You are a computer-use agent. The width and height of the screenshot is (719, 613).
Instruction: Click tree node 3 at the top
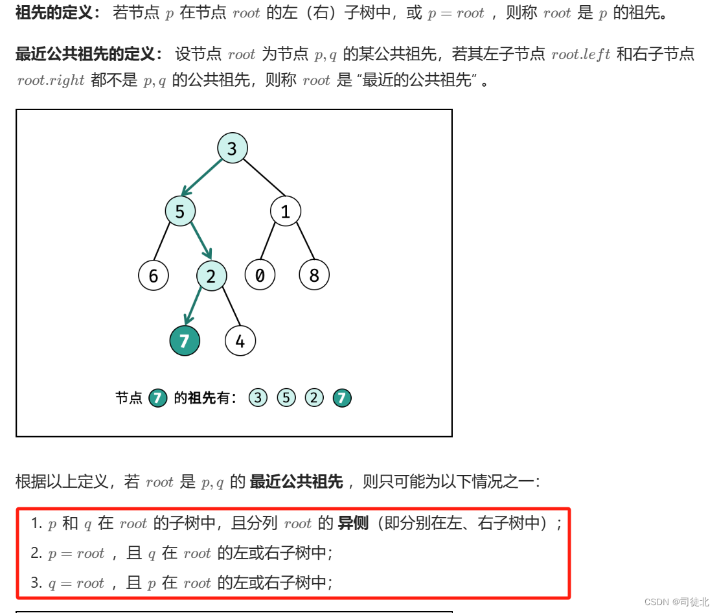pyautogui.click(x=232, y=148)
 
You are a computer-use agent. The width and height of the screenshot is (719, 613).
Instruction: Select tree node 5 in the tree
pyautogui.click(x=180, y=211)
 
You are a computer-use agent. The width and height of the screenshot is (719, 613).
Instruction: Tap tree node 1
pyautogui.click(x=285, y=211)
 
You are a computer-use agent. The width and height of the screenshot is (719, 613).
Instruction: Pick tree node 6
pyautogui.click(x=154, y=275)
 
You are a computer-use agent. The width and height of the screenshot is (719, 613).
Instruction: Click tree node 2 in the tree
pyautogui.click(x=211, y=275)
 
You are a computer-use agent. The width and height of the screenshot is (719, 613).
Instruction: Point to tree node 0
pyautogui.click(x=260, y=275)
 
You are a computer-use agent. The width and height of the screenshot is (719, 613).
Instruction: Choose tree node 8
pyautogui.click(x=314, y=275)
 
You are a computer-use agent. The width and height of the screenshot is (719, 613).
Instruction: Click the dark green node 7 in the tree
pyautogui.click(x=185, y=340)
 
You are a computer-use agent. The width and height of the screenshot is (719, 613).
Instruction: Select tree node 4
pyautogui.click(x=240, y=341)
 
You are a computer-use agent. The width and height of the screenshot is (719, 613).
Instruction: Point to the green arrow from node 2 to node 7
pyautogui.click(x=194, y=306)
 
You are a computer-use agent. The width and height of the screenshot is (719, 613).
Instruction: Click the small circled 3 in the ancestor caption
pyautogui.click(x=258, y=397)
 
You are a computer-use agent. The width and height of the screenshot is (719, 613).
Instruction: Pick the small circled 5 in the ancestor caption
pyautogui.click(x=286, y=397)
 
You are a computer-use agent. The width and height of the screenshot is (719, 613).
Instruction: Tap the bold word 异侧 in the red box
pyautogui.click(x=353, y=524)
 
